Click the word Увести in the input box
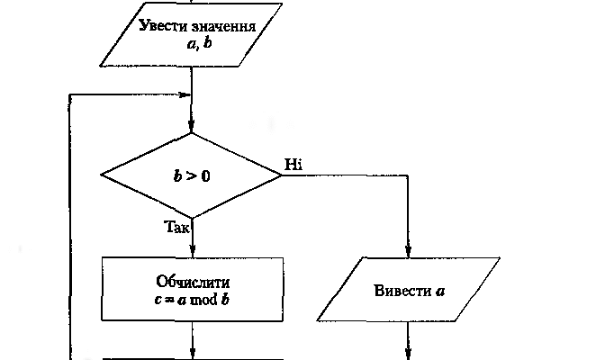162,25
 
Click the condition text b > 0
192,175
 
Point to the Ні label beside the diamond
294,164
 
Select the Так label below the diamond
177,228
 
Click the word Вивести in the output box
396,290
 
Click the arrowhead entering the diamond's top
192,127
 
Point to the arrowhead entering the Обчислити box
192,251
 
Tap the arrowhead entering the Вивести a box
409,251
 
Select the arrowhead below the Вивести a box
409,353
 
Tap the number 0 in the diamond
205,175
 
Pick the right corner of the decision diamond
282,175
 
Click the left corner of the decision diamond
102,175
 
